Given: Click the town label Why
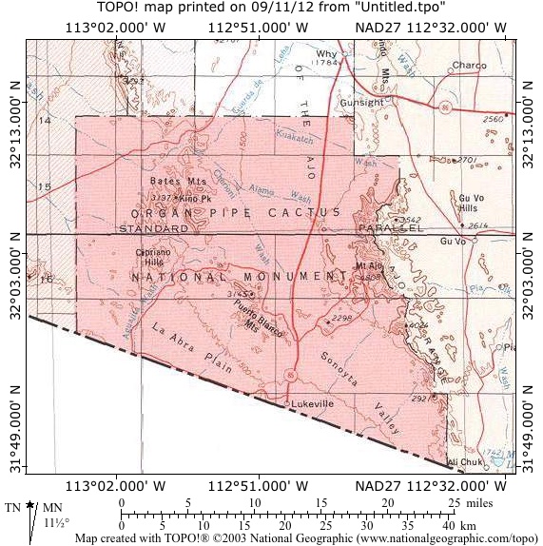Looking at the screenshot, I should (x=327, y=53).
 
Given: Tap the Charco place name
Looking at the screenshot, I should (x=469, y=66).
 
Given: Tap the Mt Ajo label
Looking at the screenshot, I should (x=368, y=265).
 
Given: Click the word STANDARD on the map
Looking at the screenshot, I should (x=152, y=229).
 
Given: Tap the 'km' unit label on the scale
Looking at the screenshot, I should (x=468, y=524).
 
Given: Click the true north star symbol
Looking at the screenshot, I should (x=31, y=505).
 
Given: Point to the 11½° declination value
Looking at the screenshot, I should (x=56, y=522).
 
